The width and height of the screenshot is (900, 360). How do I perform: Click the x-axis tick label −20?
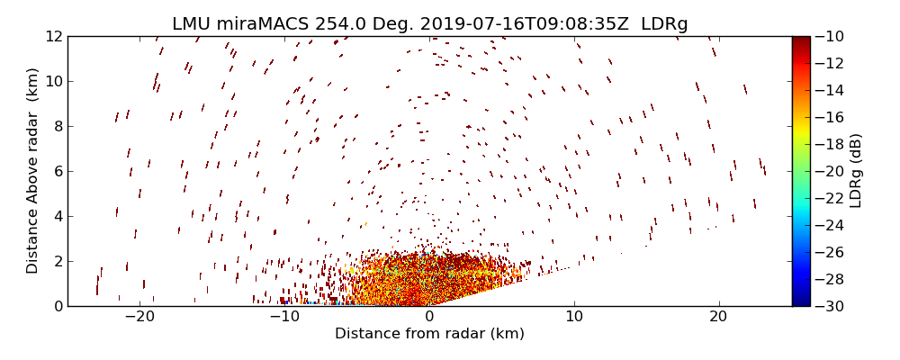(139, 317)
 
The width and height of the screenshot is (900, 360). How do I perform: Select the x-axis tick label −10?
(284, 317)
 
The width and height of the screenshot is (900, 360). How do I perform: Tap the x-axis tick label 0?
(429, 317)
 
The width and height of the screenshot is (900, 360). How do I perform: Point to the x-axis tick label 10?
(574, 317)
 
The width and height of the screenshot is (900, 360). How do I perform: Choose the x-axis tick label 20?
(718, 317)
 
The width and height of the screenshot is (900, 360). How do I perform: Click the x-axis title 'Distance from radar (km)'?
(429, 334)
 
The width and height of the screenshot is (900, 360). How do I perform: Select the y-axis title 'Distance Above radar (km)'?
(33, 171)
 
